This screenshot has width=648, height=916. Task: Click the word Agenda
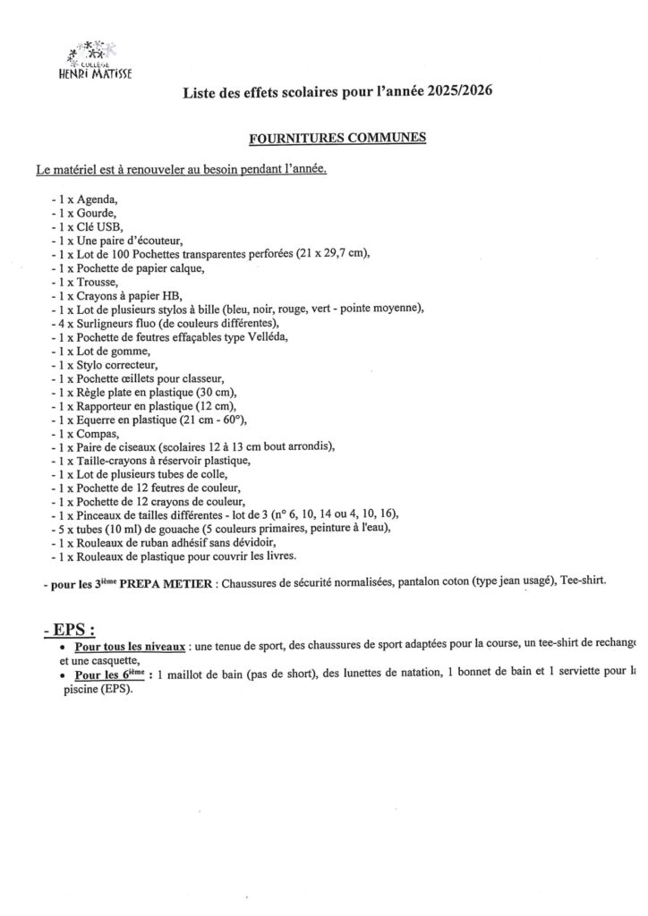(x=97, y=199)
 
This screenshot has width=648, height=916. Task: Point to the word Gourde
(x=97, y=213)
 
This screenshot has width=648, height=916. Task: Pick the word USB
(x=109, y=226)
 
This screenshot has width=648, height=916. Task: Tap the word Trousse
(x=98, y=282)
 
